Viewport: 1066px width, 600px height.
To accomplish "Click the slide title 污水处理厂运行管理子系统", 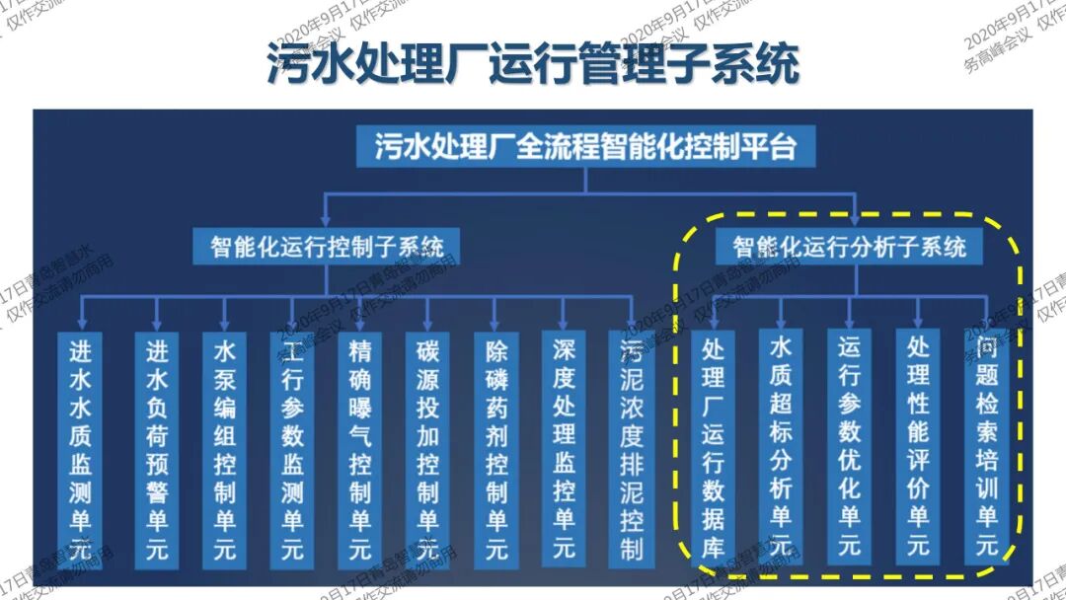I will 532,64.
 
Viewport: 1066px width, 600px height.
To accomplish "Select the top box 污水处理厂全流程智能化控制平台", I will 585,148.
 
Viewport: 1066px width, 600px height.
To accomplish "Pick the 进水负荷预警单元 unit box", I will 157,449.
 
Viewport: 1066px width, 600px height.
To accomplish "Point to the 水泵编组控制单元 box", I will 224,449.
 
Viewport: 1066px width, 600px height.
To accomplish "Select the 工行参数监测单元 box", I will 292,449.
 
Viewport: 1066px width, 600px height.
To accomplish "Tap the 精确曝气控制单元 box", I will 360,449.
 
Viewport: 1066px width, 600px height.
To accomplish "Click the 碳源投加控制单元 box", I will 427,449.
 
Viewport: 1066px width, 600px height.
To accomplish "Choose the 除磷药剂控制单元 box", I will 495,449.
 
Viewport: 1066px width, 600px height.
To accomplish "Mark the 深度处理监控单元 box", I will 563,449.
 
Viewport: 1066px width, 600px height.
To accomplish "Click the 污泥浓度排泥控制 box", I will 632,449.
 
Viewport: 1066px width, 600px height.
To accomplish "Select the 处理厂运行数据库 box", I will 714,449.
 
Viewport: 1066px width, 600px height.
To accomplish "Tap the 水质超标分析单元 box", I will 781,449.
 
